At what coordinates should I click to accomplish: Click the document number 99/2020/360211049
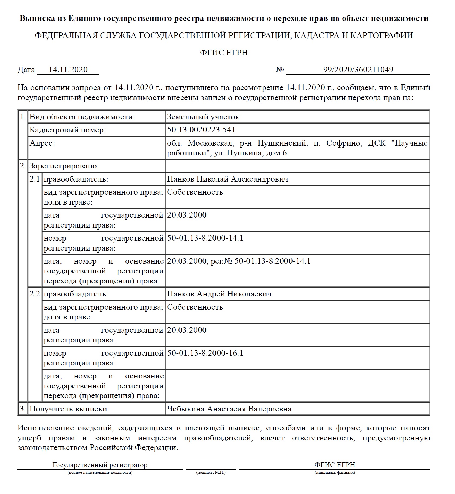click(358, 70)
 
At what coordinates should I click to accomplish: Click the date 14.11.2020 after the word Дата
click(68, 70)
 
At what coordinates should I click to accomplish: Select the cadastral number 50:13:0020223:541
click(201, 130)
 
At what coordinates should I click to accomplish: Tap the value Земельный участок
click(203, 117)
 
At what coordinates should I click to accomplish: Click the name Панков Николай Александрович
click(227, 179)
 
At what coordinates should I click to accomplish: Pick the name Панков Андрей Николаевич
click(219, 294)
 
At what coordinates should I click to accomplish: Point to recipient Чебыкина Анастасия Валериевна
click(229, 409)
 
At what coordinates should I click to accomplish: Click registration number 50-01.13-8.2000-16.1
click(205, 353)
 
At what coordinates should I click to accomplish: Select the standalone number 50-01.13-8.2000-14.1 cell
click(205, 238)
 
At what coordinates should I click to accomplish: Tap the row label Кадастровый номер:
click(67, 130)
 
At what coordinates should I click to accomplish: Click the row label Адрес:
click(42, 143)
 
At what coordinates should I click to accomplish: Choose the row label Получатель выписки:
click(69, 409)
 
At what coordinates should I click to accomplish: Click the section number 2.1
click(35, 179)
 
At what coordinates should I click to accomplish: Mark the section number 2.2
click(35, 294)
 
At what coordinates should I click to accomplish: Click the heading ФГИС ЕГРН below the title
click(224, 52)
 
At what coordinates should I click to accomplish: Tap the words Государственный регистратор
click(100, 465)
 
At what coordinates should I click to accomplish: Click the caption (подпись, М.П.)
click(211, 472)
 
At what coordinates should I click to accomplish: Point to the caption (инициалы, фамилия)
click(335, 472)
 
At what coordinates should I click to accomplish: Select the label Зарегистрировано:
click(64, 166)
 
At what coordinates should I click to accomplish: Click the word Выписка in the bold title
click(37, 18)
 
